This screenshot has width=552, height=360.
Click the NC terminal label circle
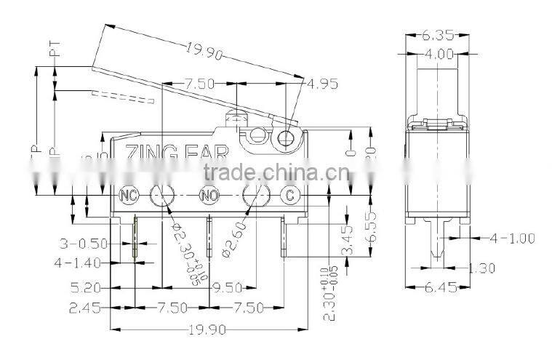pos(129,195)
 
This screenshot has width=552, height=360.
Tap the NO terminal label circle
pos(209,195)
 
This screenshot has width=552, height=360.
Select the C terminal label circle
pos(290,195)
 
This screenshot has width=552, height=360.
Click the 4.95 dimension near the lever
pos(322,84)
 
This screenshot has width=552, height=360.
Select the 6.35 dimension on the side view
pos(438,33)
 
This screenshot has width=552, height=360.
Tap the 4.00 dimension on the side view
pos(438,53)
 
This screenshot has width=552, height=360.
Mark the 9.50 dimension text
pos(226,287)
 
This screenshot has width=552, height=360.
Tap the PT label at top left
pos(52,49)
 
